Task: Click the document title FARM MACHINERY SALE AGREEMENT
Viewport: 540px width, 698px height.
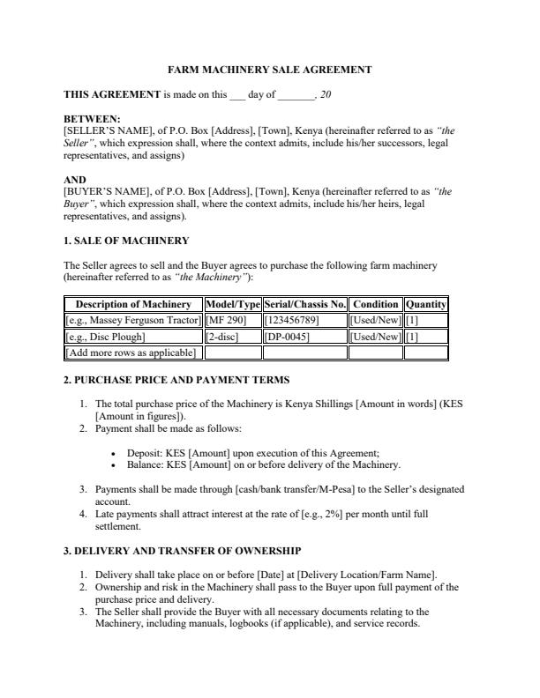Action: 269,69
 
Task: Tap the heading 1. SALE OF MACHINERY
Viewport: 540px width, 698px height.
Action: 126,240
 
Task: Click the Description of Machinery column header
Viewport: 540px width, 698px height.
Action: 133,305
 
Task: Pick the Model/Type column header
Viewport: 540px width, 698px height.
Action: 233,305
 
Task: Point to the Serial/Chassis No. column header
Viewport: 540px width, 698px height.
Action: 304,305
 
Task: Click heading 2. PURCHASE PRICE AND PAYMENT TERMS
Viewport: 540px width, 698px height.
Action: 176,380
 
